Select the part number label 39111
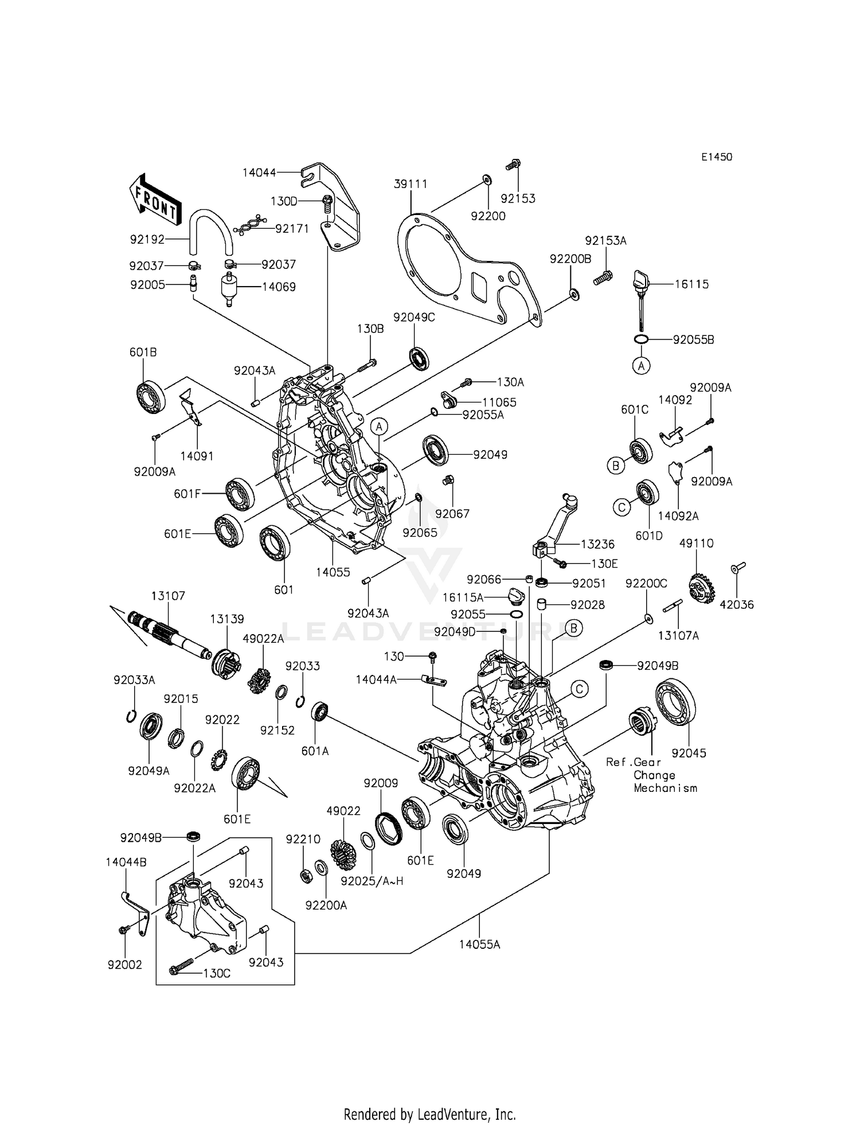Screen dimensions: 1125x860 [411, 184]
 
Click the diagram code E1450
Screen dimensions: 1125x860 [716, 157]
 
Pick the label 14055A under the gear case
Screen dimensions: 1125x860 [479, 944]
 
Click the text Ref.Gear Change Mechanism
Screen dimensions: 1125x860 [652, 775]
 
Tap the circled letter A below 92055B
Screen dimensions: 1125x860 [641, 365]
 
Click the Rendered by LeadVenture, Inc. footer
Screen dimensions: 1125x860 [429, 1114]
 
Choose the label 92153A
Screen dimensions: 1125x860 [605, 241]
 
